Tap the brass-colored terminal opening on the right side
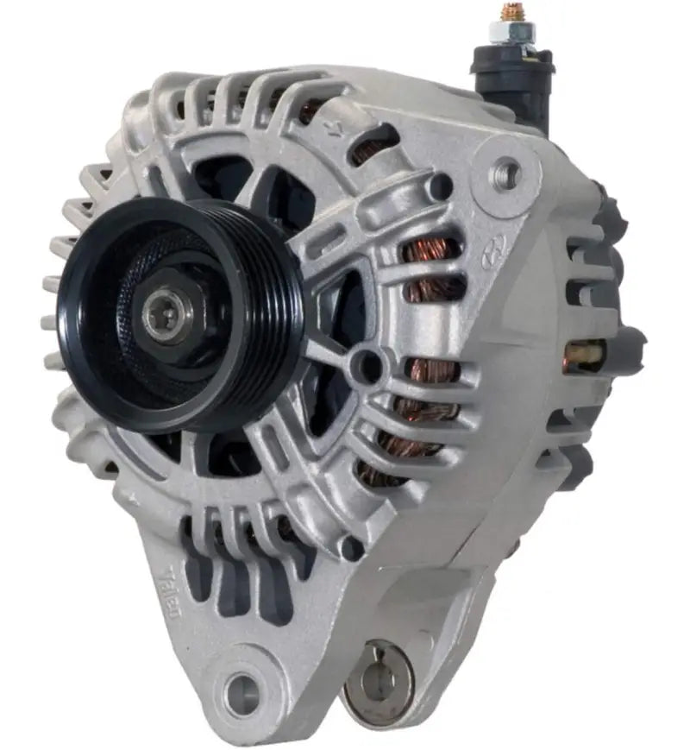click(x=586, y=354)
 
